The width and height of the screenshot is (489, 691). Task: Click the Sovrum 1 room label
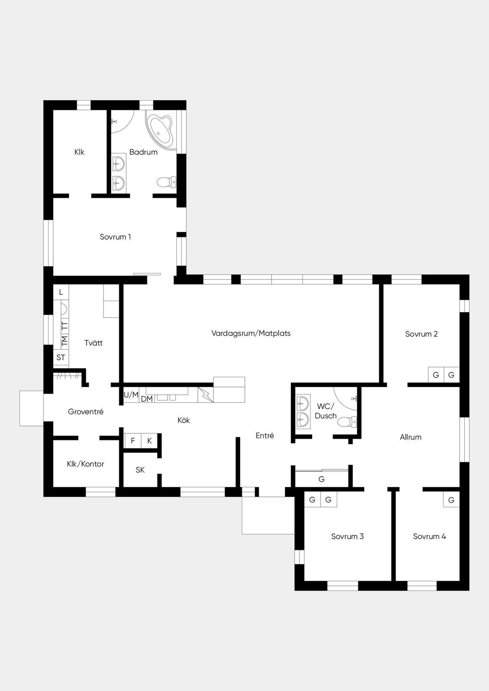click(115, 237)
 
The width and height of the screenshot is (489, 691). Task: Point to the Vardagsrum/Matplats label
click(251, 334)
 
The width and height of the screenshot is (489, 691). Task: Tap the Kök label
click(183, 420)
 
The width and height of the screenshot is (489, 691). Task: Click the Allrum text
click(411, 437)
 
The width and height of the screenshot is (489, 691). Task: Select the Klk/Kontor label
click(86, 464)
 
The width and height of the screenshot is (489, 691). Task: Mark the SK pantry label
click(140, 470)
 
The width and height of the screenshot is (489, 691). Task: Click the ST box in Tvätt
click(61, 357)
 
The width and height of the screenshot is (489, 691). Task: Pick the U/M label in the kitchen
click(131, 395)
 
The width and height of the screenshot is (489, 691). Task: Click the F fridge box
click(133, 441)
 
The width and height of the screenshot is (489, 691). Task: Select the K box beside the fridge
click(150, 441)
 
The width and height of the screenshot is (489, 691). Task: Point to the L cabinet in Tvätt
click(61, 292)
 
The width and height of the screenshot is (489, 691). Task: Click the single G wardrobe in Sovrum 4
click(451, 500)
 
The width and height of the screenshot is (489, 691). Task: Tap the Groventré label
click(86, 411)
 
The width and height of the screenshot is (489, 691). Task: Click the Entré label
click(265, 436)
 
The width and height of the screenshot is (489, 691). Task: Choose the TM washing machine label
click(64, 341)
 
